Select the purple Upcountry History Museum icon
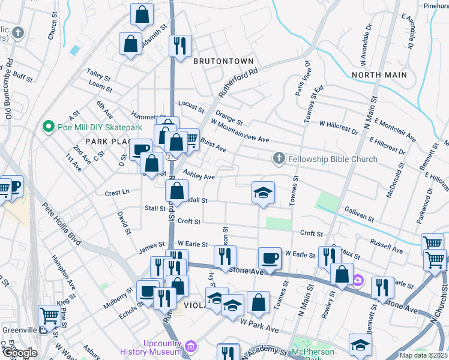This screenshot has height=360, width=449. [x=191, y=346]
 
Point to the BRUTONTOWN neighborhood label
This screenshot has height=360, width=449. [x=223, y=61]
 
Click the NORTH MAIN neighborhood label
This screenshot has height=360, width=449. [x=379, y=75]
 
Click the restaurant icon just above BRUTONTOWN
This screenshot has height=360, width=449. [x=180, y=46]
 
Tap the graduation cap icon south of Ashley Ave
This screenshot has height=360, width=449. [x=263, y=193]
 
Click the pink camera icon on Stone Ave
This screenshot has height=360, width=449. [x=358, y=280]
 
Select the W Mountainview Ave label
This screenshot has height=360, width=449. [x=240, y=130]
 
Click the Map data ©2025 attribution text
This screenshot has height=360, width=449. [x=423, y=355]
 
